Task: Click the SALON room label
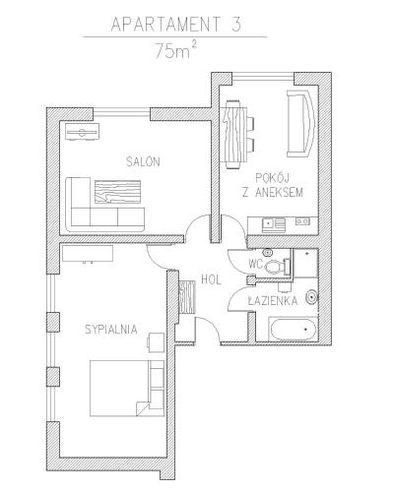pyautogui.click(x=143, y=161)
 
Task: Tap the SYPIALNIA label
pyautogui.click(x=111, y=329)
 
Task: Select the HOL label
pyautogui.click(x=211, y=279)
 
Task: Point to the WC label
pyautogui.click(x=256, y=264)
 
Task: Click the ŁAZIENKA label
pyautogui.click(x=273, y=300)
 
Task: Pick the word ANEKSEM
pyautogui.click(x=279, y=192)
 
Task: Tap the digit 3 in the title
pyautogui.click(x=236, y=24)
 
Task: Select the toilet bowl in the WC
pyautogui.click(x=274, y=267)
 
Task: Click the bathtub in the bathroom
pyautogui.click(x=293, y=329)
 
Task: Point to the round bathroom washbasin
pyautogui.click(x=311, y=297)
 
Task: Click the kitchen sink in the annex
pyautogui.click(x=273, y=224)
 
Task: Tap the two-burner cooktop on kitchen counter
pyautogui.click(x=302, y=221)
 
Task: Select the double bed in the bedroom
pyautogui.click(x=127, y=389)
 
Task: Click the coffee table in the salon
pyautogui.click(x=117, y=192)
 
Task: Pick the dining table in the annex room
pyautogui.click(x=235, y=134)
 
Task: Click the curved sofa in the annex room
pyautogui.click(x=301, y=124)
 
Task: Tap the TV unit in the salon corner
pyautogui.click(x=82, y=132)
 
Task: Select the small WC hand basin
pyautogui.click(x=269, y=253)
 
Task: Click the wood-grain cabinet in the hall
pyautogui.click(x=187, y=297)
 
